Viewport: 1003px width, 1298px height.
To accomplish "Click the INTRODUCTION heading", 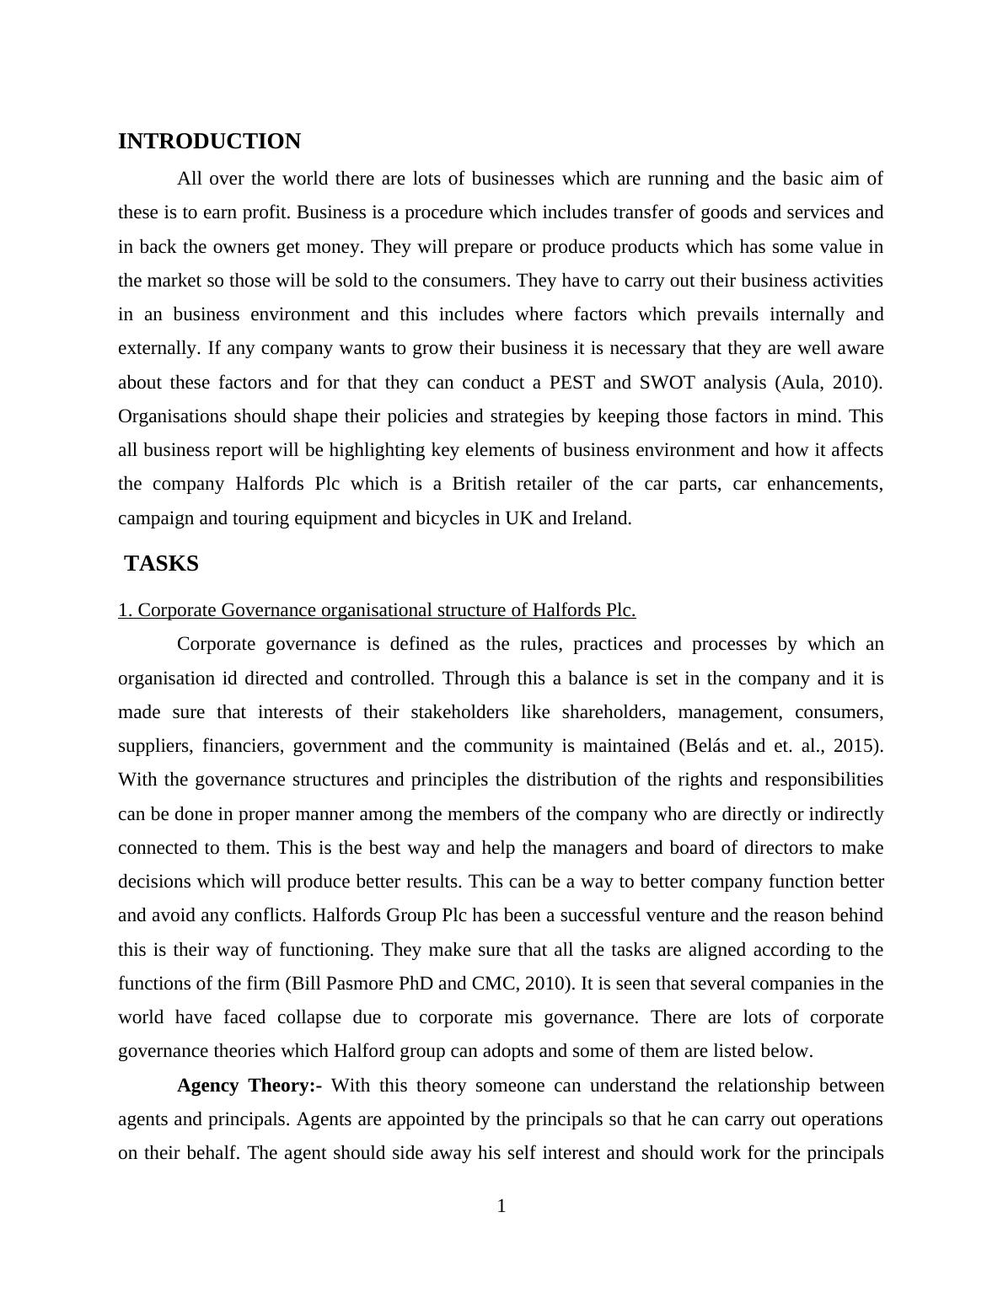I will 209,142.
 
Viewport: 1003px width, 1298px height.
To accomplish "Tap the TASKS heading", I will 161,564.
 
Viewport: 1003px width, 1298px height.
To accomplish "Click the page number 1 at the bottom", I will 501,1207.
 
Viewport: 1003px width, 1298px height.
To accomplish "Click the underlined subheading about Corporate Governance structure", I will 377,610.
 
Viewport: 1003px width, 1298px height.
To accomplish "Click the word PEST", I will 571,383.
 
